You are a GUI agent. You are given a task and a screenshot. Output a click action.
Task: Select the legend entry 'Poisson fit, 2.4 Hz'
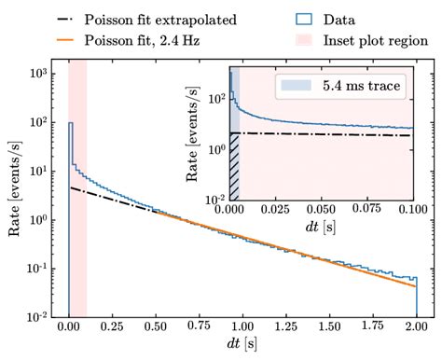(150, 40)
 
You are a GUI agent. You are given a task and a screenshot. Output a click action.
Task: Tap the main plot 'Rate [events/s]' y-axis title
(16, 196)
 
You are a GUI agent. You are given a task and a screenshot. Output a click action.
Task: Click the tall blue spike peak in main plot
(71, 122)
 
